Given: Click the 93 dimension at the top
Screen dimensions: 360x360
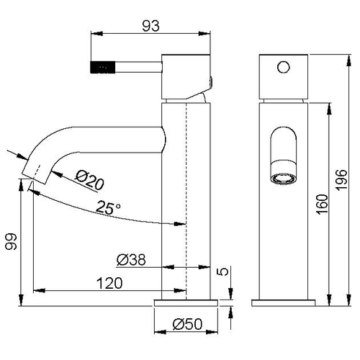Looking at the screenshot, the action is tap(150, 26).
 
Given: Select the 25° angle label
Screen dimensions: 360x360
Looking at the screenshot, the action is tap(108, 207).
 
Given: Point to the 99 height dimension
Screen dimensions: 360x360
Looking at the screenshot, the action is tap(12, 241).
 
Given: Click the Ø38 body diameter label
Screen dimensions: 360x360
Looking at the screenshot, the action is tap(131, 260).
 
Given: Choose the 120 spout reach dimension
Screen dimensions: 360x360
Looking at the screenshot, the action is tap(109, 283).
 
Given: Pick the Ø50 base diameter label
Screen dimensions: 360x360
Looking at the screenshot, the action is tap(188, 324).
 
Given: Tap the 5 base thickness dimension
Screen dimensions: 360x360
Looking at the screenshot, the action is tap(223, 271).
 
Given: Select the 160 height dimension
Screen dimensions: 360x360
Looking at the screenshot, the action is tap(322, 204).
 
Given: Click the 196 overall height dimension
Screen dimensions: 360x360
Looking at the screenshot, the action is tap(341, 180).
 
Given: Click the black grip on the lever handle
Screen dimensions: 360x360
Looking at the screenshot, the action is tap(103, 67).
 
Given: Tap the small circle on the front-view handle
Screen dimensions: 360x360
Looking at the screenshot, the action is tap(284, 67).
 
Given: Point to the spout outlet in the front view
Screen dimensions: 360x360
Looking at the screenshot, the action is tap(284, 179).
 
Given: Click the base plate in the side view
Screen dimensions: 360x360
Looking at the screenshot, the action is tap(186, 303).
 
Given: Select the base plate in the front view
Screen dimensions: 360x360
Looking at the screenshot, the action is tap(283, 303).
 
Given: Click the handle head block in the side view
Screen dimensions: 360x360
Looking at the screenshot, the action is tap(186, 77).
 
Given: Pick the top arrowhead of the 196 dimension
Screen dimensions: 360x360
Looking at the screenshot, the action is tap(348, 60).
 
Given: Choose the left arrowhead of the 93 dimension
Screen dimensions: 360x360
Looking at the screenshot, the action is tap(96, 33).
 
